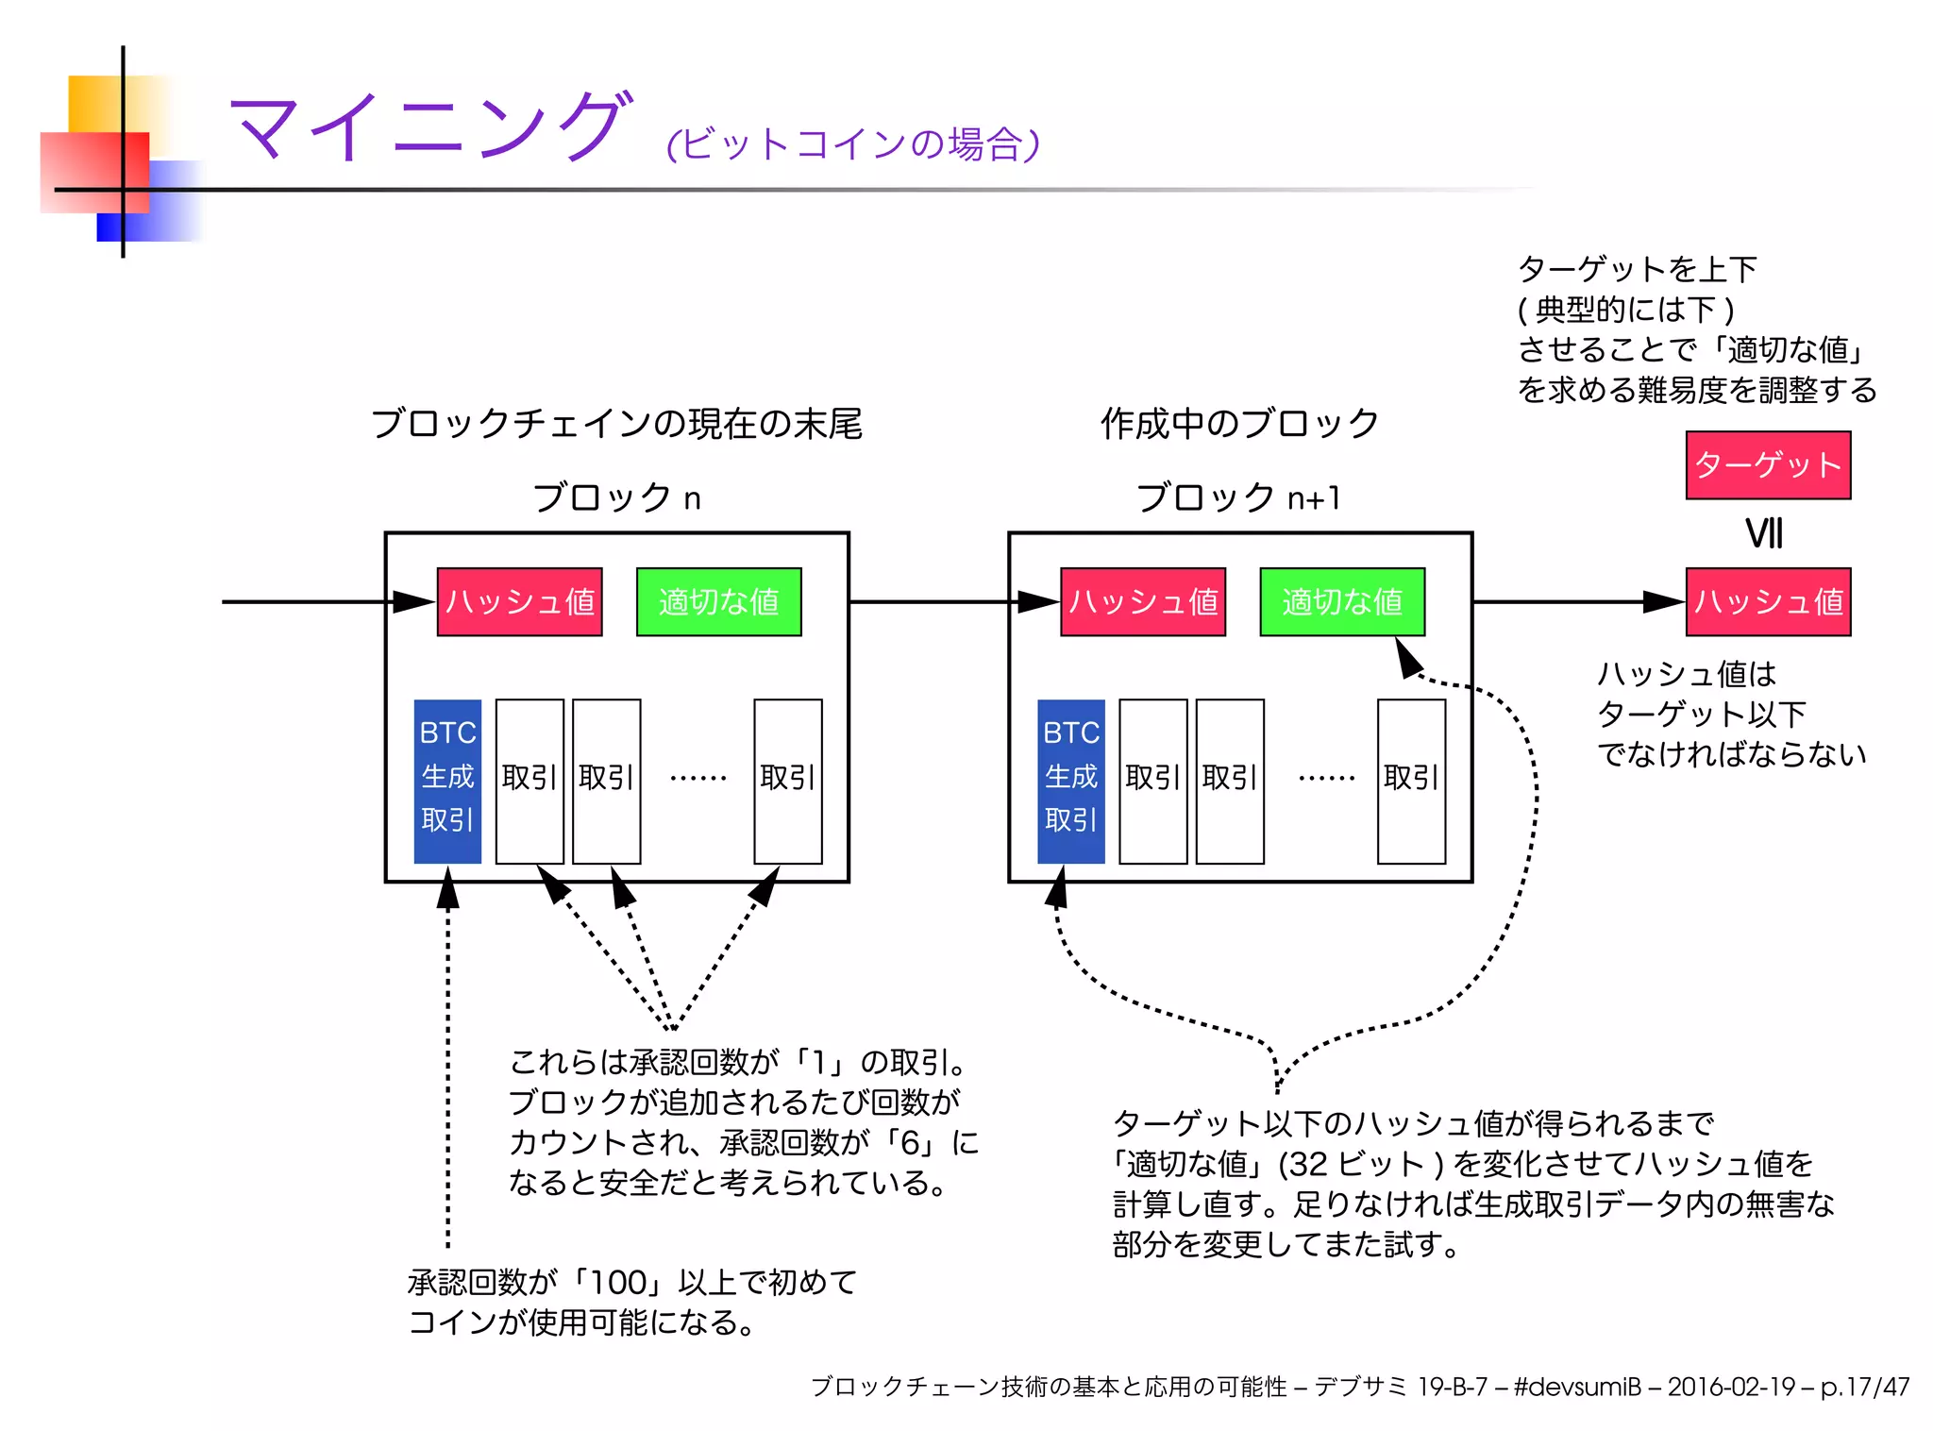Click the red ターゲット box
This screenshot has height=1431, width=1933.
[1767, 465]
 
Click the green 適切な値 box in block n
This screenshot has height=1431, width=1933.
[718, 602]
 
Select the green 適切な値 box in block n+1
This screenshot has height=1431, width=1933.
[1341, 602]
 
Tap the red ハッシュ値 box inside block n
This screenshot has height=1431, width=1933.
[519, 602]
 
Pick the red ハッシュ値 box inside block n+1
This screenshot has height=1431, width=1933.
[1142, 602]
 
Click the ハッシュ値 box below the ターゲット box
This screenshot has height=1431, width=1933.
[1767, 602]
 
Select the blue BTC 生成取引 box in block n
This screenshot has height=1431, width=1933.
[447, 781]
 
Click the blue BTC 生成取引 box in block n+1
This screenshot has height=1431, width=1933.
[1070, 781]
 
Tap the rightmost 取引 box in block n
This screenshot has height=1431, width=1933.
[787, 781]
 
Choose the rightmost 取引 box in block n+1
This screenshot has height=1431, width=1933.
[1410, 781]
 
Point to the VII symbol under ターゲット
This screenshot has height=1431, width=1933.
[1763, 534]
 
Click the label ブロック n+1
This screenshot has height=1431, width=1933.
[1238, 497]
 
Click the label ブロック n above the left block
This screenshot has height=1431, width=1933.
[616, 497]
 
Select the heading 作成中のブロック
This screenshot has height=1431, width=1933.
[1238, 424]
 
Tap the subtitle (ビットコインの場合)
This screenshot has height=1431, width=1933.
[852, 144]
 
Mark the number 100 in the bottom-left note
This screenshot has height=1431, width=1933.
[618, 1283]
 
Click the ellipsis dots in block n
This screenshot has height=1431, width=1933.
[698, 779]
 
